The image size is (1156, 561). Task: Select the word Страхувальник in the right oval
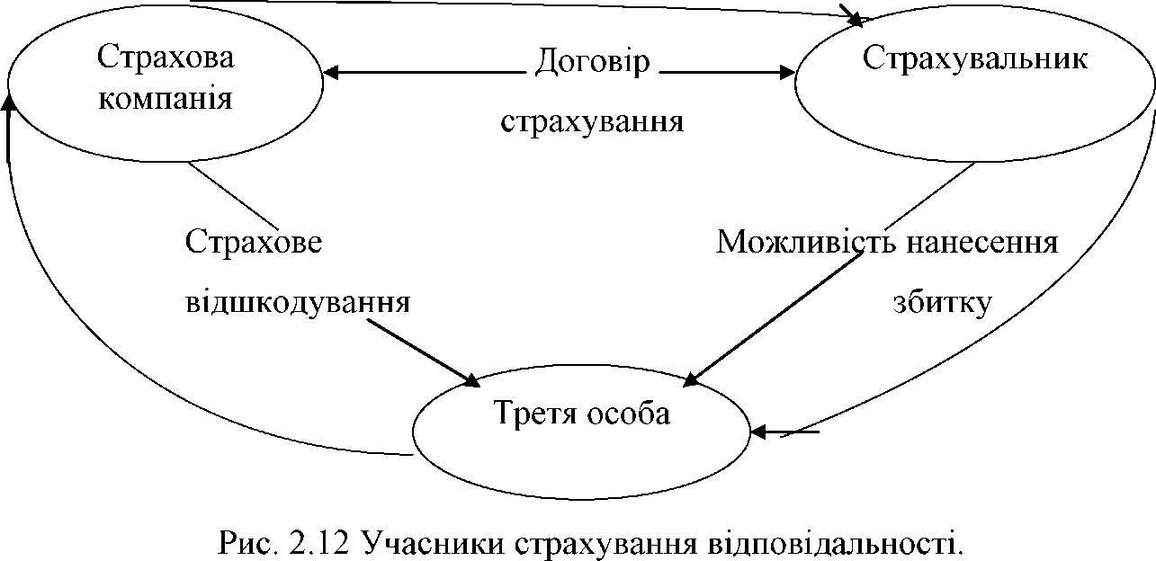975,58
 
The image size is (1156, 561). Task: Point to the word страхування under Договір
592,120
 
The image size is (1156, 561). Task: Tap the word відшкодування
298,300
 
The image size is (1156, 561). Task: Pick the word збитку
942,300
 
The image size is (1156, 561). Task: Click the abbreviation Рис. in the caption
241,542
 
